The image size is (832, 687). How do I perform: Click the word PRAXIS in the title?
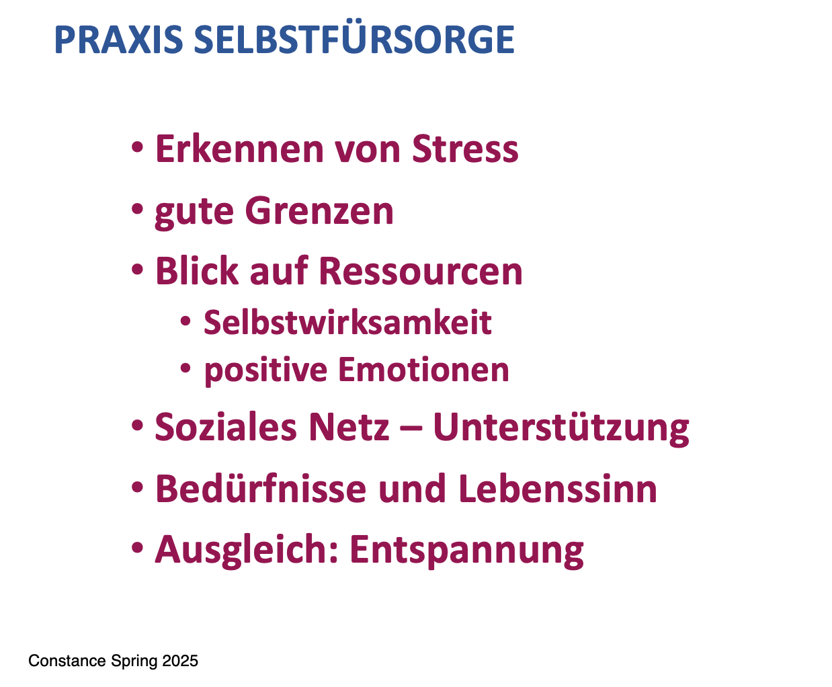119,40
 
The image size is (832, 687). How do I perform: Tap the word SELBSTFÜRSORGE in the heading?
354,36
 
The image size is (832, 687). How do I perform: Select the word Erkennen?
239,149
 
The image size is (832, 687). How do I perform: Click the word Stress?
465,149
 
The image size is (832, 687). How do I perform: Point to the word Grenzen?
320,211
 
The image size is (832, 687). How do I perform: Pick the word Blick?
197,271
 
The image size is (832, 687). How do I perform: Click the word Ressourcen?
421,272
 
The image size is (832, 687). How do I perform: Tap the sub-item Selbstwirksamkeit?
348,322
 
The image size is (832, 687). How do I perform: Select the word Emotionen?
423,370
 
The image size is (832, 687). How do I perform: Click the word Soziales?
226,427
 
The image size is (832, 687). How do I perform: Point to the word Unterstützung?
561,428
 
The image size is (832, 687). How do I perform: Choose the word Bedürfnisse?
261,489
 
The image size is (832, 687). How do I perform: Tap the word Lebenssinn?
558,489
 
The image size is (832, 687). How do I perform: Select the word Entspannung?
467,551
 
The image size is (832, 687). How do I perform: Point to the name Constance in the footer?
67,661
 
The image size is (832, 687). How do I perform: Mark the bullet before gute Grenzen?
137,209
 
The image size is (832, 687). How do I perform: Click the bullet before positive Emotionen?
185,368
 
